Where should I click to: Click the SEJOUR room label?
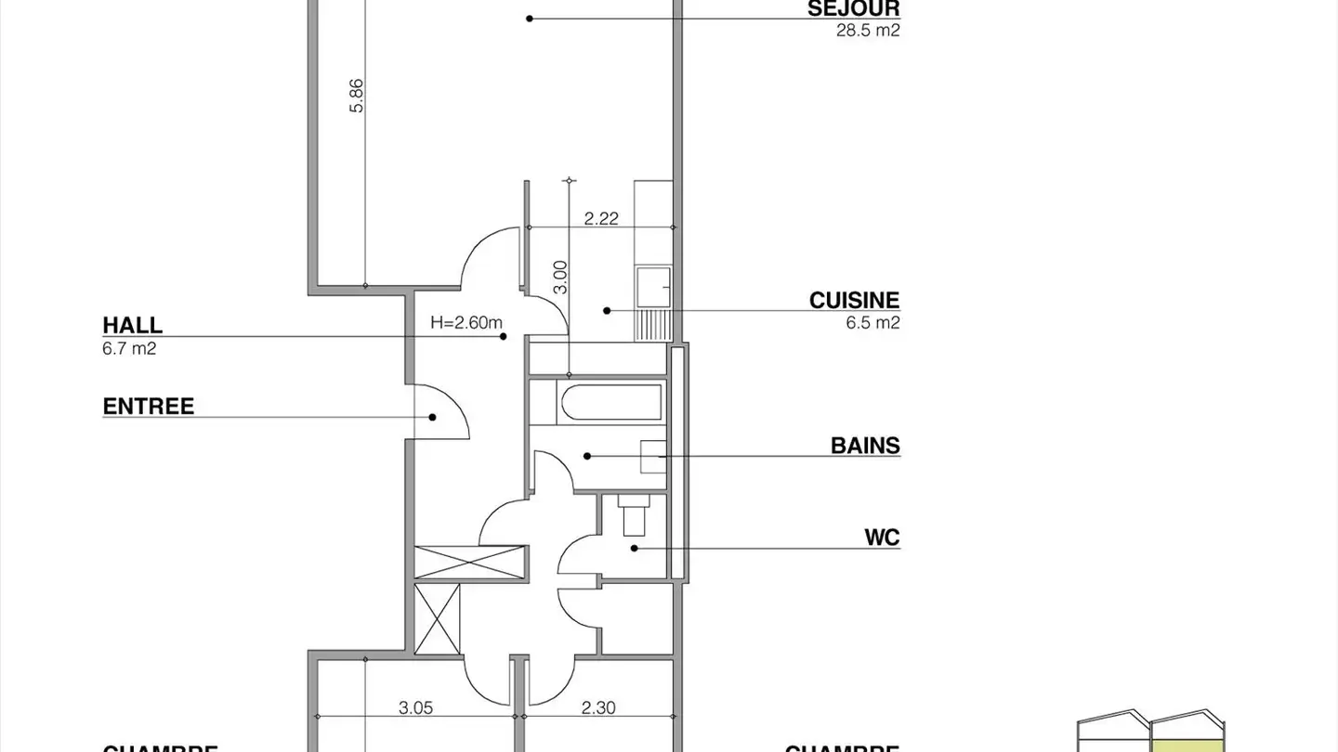(853, 9)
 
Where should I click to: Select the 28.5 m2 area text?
(868, 30)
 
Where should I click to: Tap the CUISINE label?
(854, 301)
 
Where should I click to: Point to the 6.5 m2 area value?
(872, 323)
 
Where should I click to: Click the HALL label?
(132, 326)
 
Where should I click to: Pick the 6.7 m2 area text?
(129, 348)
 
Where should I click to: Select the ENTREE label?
(149, 407)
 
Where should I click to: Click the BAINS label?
(865, 446)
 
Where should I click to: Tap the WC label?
(882, 538)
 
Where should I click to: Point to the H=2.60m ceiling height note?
(466, 323)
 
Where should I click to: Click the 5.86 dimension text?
(357, 96)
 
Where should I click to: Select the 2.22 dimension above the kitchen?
(601, 219)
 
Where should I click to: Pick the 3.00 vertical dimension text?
(559, 276)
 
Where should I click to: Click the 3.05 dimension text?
(415, 707)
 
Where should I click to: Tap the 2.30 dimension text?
(598, 707)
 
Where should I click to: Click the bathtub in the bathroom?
(610, 403)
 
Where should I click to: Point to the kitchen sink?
(654, 287)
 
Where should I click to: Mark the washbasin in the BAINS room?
(653, 457)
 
